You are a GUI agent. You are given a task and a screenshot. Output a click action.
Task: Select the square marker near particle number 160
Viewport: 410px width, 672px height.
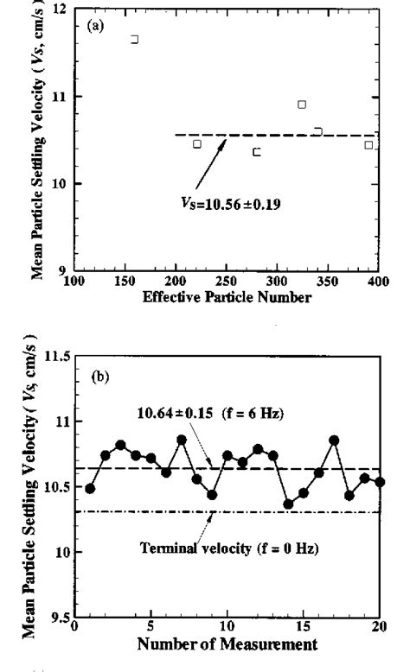pyautogui.click(x=134, y=39)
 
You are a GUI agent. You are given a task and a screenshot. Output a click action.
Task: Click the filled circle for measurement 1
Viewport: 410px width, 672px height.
pyautogui.click(x=90, y=488)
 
